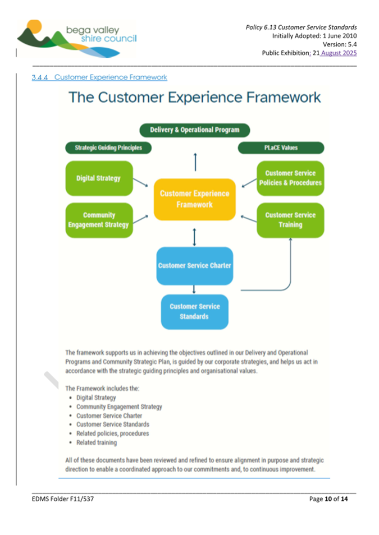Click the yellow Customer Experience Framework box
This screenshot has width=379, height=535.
point(194,199)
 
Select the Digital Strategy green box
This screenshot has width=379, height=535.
point(99,178)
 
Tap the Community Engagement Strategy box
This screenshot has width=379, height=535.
point(99,220)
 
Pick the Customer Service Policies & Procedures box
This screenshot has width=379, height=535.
point(290,178)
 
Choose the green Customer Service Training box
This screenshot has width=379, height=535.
point(290,220)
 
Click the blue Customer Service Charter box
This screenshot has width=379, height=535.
point(194,265)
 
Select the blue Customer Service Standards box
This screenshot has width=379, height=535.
point(194,312)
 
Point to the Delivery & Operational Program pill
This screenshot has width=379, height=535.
point(194,130)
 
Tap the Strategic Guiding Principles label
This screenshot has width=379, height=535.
point(108,148)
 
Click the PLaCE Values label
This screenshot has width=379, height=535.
point(281,148)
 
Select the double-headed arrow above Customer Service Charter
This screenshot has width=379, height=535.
point(194,237)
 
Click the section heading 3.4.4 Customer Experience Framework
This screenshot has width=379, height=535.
point(99,77)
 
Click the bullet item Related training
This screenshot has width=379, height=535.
point(97,442)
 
